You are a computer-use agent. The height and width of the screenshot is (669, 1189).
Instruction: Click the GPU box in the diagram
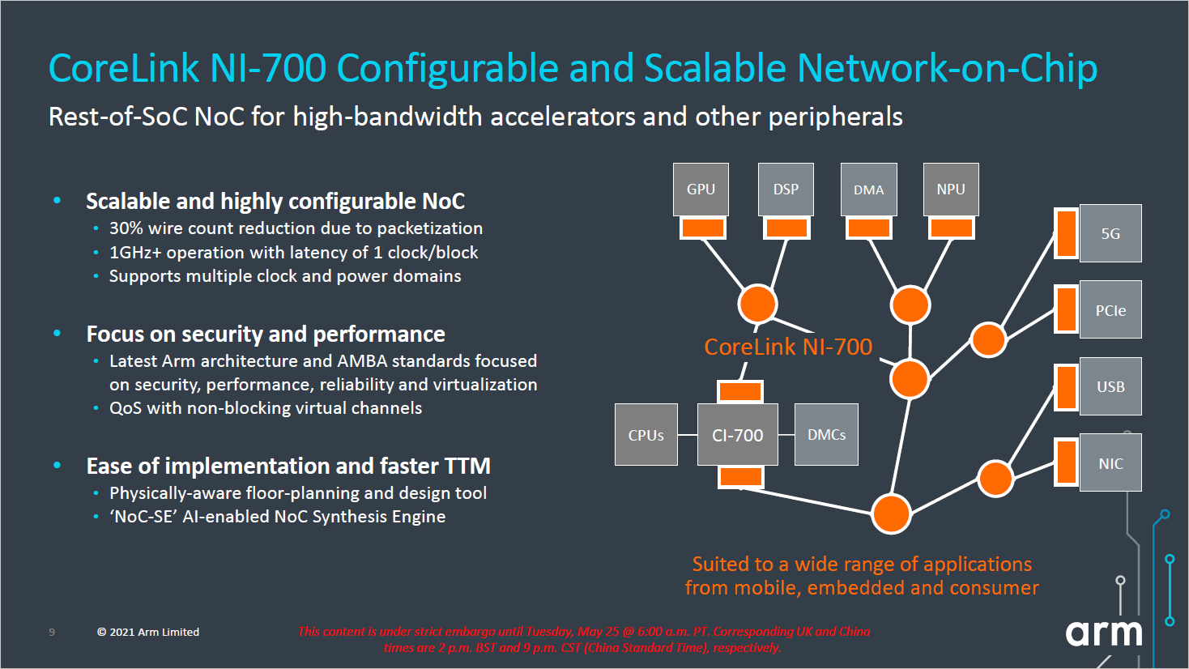pos(701,190)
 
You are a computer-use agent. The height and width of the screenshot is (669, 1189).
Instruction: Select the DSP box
pos(786,190)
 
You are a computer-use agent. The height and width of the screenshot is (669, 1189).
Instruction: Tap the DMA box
pos(868,190)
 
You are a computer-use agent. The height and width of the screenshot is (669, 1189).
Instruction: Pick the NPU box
pos(951,190)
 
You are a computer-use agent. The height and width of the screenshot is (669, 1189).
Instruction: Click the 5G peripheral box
pos(1110,233)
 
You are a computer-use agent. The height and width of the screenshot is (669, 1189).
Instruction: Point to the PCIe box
pos(1110,309)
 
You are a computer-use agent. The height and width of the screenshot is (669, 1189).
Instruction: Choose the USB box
pos(1110,386)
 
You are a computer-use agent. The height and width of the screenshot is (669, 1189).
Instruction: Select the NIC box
pos(1110,462)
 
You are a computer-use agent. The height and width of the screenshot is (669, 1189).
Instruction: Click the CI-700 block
pos(737,435)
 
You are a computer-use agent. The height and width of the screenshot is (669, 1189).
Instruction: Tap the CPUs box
pos(646,435)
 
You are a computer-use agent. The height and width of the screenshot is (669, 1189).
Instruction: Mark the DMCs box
pos(826,435)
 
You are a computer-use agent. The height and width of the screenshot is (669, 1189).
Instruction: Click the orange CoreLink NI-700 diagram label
pos(788,347)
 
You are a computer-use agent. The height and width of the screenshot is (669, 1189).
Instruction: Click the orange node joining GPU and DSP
pos(757,305)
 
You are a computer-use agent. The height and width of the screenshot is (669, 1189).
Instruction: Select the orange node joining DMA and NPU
pos(910,305)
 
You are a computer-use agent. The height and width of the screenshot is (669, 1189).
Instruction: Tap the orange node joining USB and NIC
pos(995,479)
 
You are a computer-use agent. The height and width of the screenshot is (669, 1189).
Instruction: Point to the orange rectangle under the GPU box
pos(702,228)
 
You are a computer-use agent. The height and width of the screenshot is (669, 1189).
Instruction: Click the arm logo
pos(1103,632)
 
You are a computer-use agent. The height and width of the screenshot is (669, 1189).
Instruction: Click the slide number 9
pos(52,632)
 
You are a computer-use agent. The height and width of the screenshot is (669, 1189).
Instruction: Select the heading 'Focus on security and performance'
pos(266,334)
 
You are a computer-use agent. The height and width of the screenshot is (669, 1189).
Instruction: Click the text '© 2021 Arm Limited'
pos(148,632)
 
